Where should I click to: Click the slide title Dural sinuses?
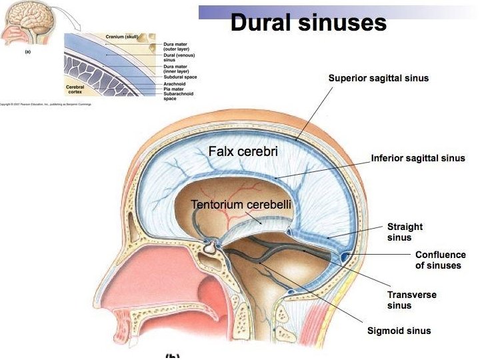[308, 23]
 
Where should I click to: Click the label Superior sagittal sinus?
[378, 78]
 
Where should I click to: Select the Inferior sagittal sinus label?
[418, 159]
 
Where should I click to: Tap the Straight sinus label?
[405, 232]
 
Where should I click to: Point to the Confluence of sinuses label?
[440, 260]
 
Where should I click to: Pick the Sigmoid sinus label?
[399, 331]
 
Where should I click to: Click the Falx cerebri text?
[243, 152]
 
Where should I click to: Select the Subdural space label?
[177, 77]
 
